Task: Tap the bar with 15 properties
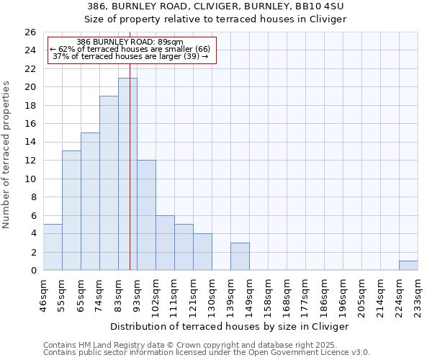click(90, 202)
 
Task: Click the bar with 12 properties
click(146, 215)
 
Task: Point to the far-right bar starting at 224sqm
click(408, 266)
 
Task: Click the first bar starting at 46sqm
click(53, 248)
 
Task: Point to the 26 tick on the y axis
click(30, 32)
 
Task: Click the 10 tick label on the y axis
click(30, 179)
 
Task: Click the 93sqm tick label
click(137, 291)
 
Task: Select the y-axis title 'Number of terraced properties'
click(7, 155)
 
